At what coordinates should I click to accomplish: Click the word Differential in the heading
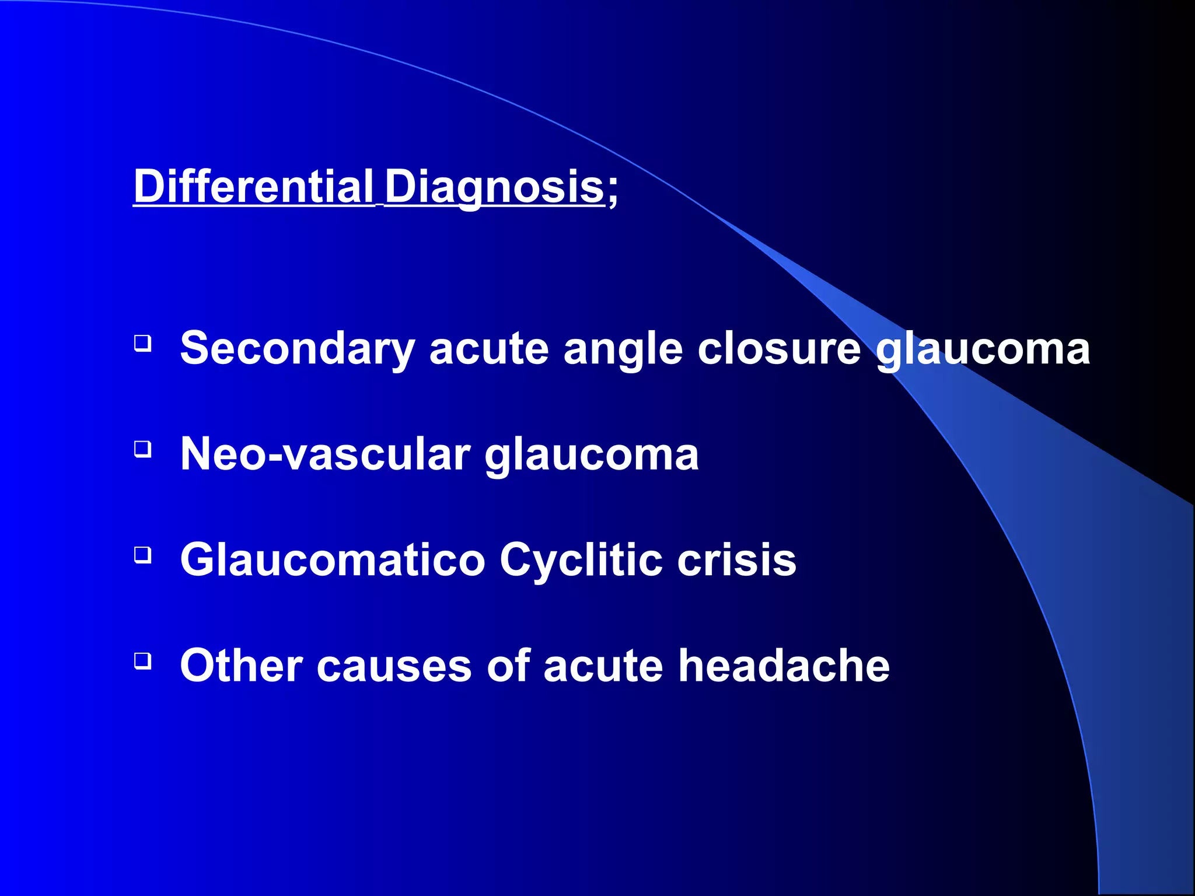click(x=253, y=186)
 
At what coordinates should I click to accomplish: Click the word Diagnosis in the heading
click(x=494, y=186)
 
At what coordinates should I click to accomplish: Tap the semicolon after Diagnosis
click(x=612, y=190)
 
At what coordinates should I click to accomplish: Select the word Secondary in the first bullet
click(x=297, y=348)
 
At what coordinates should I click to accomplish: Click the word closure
click(x=779, y=348)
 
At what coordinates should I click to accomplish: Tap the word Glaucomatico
click(x=333, y=559)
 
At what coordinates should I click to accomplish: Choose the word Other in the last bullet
click(x=241, y=666)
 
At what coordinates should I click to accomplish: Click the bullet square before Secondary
click(x=143, y=343)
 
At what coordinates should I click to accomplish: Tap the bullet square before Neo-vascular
click(x=143, y=449)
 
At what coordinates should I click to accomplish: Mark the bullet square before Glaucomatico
click(x=143, y=555)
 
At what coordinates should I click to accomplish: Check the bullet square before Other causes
click(x=143, y=661)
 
